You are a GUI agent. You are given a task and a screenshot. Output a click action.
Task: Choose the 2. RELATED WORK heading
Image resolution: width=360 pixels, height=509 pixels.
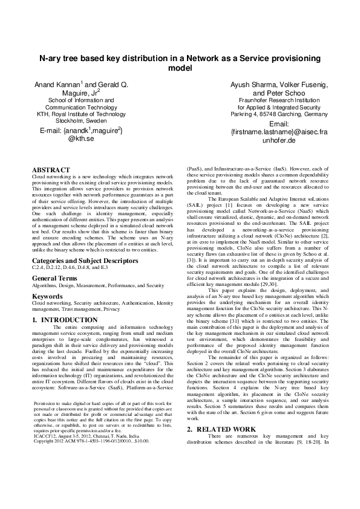coord(221,446)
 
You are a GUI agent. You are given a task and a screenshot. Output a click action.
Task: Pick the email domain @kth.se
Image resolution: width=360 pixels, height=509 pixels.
coord(80,138)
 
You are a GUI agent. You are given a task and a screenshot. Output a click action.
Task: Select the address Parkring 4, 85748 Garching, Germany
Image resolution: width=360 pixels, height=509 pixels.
coord(279,114)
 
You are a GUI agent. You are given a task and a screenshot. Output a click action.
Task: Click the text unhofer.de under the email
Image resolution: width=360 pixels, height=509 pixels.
coord(278,140)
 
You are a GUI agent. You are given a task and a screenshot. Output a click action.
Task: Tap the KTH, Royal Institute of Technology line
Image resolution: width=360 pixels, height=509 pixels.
coord(81,113)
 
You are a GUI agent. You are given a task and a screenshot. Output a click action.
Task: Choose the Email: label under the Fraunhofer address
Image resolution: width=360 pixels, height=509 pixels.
coord(279,123)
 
